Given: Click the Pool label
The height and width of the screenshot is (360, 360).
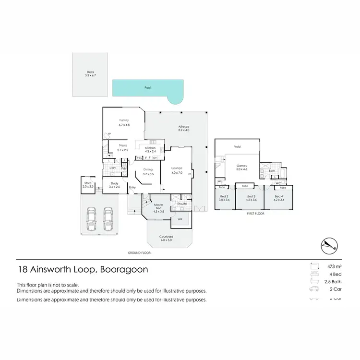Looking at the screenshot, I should (x=147, y=88).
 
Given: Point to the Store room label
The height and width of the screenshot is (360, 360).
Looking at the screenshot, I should (x=87, y=183).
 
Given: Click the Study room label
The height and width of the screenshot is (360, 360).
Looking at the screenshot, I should (x=114, y=183).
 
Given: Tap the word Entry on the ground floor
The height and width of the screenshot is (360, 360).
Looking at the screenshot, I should (x=132, y=187).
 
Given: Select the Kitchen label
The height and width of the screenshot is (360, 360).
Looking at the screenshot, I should (x=150, y=148).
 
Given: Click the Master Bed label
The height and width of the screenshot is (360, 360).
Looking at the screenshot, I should (x=159, y=207).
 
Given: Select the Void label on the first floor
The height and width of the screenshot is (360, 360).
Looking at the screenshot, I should (x=237, y=146).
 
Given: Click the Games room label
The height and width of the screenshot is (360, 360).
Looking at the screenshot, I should (x=241, y=166).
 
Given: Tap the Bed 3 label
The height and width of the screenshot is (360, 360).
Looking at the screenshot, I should (x=251, y=196).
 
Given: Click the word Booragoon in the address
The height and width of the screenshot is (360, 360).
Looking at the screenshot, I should (x=123, y=269).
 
